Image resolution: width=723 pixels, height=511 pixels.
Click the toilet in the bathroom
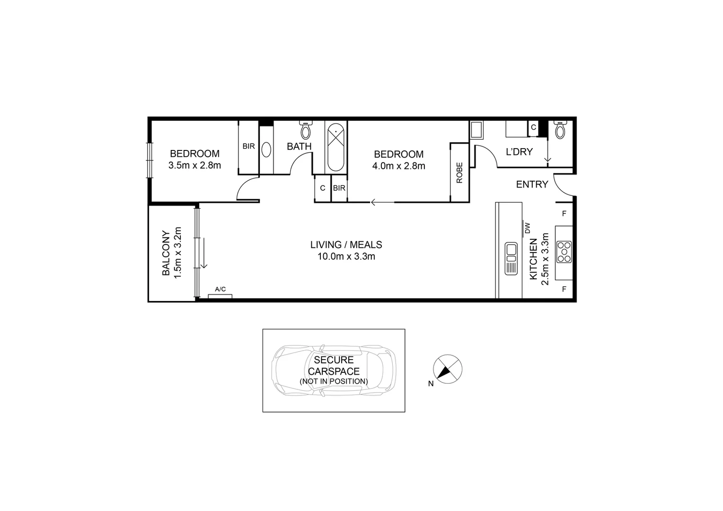[x=306, y=129]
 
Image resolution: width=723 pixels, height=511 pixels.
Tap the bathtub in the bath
[x=336, y=146]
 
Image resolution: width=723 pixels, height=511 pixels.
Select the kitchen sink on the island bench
[x=511, y=258]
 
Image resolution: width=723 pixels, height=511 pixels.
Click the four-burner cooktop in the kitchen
[x=564, y=252]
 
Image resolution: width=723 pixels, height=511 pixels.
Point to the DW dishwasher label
[x=528, y=229]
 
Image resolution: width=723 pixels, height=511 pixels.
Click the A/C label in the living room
[x=220, y=289]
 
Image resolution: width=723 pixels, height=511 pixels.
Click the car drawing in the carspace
[x=333, y=370]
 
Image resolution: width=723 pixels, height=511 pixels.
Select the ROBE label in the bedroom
[x=459, y=173]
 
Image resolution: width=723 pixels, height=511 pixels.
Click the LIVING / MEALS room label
[x=346, y=245]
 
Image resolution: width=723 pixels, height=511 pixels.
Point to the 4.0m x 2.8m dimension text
[x=398, y=166]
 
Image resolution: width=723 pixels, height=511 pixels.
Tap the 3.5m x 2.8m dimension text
[x=194, y=166]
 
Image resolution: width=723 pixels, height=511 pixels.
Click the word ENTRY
[x=532, y=185]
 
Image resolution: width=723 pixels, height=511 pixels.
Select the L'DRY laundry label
[x=519, y=152]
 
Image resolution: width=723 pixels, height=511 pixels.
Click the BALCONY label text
[x=166, y=253]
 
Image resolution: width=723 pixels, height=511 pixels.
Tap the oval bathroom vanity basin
[x=266, y=150]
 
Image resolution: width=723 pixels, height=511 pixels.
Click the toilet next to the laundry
[x=560, y=130]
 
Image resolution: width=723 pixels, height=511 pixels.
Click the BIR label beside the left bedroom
[x=248, y=147]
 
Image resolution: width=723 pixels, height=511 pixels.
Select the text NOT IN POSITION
[x=334, y=381]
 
